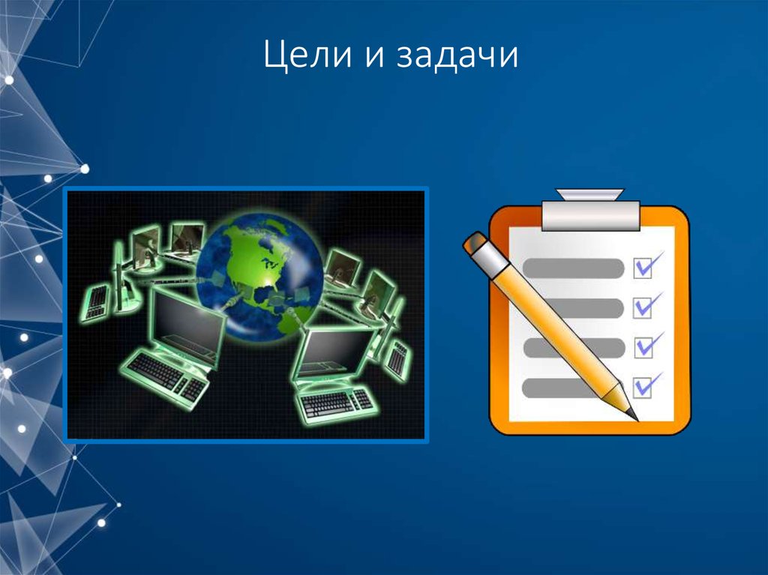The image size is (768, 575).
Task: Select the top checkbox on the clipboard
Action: pyautogui.click(x=643, y=267)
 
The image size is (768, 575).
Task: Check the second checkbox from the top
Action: pyautogui.click(x=643, y=307)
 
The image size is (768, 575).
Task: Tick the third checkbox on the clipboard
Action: pyautogui.click(x=643, y=347)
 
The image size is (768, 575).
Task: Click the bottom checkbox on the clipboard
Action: pyautogui.click(x=643, y=387)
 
